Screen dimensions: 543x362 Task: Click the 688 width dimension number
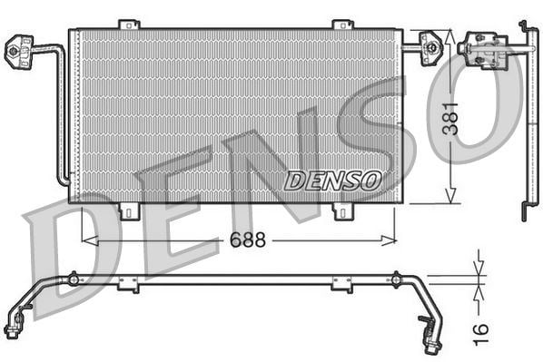coord(248,240)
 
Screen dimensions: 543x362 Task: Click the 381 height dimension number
coord(451,118)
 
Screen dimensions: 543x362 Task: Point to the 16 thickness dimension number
coord(480,334)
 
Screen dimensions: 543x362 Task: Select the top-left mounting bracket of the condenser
coord(129,24)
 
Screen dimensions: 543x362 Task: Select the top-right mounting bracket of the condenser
coord(343,24)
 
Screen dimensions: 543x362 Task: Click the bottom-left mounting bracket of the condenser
coord(130,211)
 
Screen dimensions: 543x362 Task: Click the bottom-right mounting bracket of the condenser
coord(343,211)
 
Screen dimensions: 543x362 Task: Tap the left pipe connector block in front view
coord(19,52)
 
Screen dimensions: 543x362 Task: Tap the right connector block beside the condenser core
coord(431,48)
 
